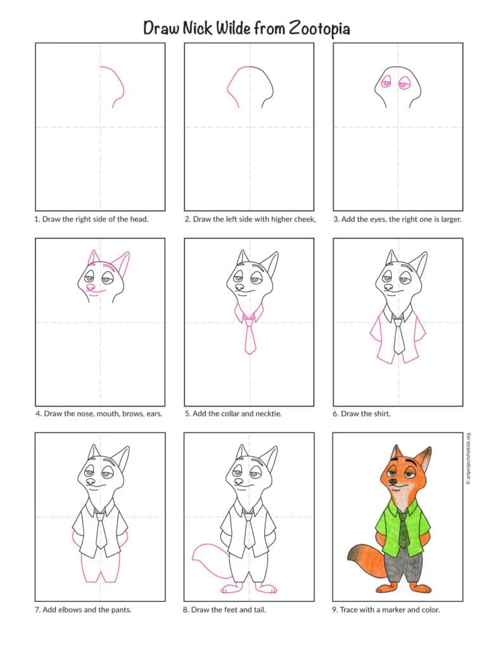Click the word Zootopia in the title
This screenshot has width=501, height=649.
coord(319,28)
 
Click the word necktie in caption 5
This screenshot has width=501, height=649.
coord(269,413)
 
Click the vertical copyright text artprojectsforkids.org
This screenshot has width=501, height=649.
coord(468,459)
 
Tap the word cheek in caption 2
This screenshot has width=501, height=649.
coord(305,219)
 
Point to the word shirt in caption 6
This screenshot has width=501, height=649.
coord(382,413)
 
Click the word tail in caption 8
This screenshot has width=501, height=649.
coord(258,610)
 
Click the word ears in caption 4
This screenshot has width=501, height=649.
coord(155,413)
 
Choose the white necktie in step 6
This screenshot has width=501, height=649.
coord(398,335)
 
